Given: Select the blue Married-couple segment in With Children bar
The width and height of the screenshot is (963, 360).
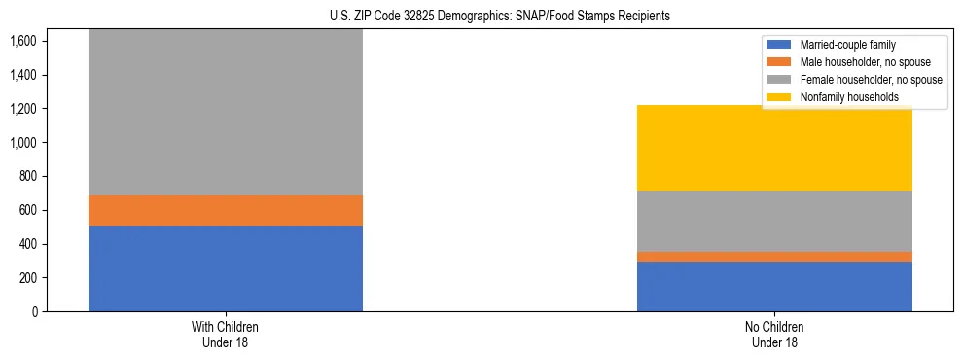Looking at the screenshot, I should [226, 269].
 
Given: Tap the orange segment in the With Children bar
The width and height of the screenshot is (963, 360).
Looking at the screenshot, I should [226, 210].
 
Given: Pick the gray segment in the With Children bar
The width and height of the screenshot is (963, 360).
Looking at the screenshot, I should [226, 112].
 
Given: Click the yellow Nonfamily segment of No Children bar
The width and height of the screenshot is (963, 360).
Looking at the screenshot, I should [774, 148].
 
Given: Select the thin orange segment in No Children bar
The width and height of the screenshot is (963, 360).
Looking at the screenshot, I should [774, 257].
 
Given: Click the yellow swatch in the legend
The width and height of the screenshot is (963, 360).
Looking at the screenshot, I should [779, 97].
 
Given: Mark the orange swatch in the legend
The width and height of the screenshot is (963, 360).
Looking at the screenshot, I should [779, 62].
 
